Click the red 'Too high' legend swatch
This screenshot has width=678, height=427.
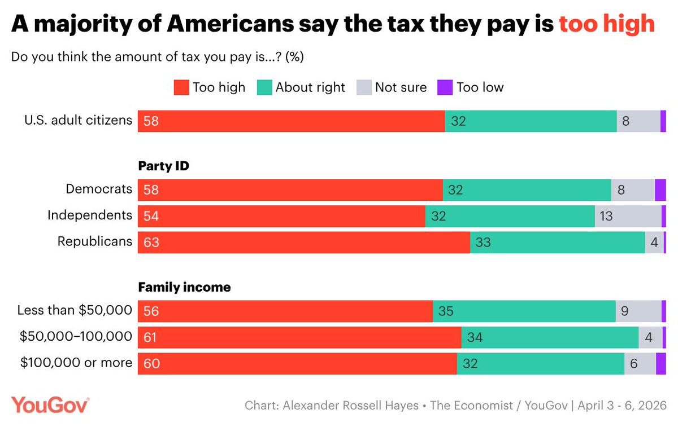click(x=181, y=87)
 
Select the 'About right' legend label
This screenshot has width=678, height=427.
click(x=310, y=87)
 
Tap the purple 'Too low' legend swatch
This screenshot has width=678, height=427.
click(x=445, y=87)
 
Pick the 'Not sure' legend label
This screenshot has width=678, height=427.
click(x=401, y=87)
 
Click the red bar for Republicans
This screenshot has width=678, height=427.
click(x=304, y=242)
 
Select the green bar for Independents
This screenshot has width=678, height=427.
click(x=510, y=216)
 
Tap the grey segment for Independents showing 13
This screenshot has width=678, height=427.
click(x=628, y=216)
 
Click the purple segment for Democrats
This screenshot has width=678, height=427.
click(x=660, y=190)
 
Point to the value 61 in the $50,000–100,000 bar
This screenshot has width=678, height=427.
click(x=151, y=337)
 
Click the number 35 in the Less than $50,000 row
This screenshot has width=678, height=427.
click(x=446, y=311)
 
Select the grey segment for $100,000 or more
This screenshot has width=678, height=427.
click(x=640, y=364)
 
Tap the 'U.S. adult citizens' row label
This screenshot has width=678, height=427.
click(x=78, y=120)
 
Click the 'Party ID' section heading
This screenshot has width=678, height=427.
click(x=164, y=166)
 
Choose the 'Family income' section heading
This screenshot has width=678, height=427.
click(x=184, y=287)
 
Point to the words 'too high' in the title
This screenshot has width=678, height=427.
click(x=606, y=24)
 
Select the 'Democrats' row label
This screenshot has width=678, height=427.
click(x=99, y=190)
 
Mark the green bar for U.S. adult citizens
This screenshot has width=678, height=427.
click(x=531, y=121)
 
